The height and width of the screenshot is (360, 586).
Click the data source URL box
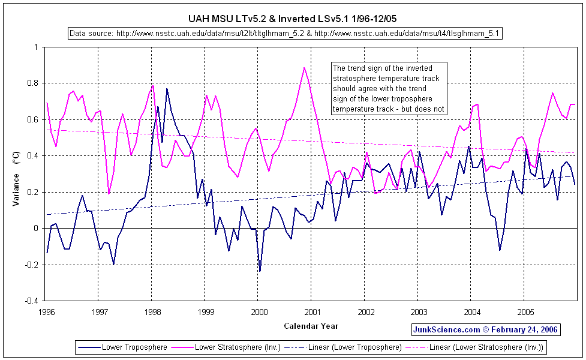tap(284, 34)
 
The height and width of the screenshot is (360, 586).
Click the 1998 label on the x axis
tap(153, 312)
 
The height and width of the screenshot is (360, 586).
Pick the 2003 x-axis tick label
tap(419, 312)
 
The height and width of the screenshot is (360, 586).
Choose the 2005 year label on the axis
tap(525, 312)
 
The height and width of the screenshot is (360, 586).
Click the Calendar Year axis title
tap(311, 326)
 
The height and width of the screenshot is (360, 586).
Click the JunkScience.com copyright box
tap(485, 329)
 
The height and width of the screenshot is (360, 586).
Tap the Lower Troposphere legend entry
tap(122, 347)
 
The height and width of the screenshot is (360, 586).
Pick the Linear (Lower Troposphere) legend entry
tap(345, 347)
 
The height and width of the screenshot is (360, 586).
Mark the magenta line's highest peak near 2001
tap(304, 68)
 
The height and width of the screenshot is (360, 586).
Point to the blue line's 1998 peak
tap(167, 89)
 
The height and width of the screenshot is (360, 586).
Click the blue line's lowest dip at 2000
tap(260, 271)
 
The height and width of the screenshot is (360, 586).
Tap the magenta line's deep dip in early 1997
tap(109, 193)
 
